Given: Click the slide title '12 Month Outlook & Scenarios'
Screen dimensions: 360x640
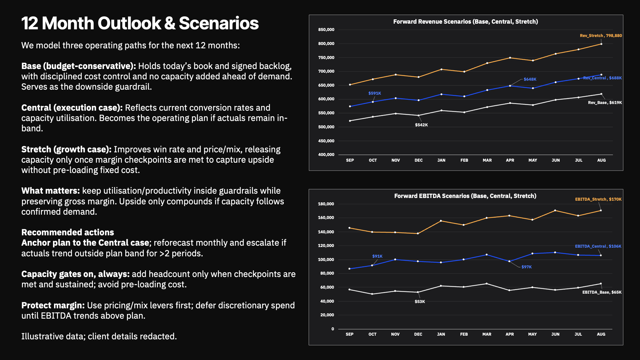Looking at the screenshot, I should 140,23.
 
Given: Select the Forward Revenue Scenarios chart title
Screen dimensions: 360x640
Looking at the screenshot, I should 465,22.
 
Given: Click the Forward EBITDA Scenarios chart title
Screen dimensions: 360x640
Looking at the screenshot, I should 465,196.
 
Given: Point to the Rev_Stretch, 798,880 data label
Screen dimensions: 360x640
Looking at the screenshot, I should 601,36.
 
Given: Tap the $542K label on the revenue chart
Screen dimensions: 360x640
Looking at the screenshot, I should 421,125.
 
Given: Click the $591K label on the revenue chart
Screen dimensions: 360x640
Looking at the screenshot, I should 374,93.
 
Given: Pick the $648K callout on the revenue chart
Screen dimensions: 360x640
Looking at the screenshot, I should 530,79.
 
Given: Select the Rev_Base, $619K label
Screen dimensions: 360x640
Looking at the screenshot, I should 605,103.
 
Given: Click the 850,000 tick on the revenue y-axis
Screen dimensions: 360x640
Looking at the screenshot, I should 326,30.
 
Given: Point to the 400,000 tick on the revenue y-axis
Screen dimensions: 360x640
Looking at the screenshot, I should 326,155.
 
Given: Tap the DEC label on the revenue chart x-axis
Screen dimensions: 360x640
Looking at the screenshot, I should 418,160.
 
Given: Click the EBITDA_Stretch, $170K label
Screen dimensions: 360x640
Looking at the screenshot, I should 598,199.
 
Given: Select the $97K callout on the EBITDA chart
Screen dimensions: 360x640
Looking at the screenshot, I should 526,267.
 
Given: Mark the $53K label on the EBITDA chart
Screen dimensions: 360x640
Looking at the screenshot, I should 420,302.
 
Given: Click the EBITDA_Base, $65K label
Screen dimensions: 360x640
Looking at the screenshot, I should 602,292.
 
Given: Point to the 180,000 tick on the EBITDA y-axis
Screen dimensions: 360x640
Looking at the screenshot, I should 326,204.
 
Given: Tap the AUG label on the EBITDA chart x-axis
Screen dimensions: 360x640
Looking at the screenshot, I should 601,334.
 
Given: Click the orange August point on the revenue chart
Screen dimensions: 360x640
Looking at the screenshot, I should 601,44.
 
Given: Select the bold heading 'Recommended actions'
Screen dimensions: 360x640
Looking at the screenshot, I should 68,232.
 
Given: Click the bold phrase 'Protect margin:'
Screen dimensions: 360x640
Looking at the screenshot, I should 53,305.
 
